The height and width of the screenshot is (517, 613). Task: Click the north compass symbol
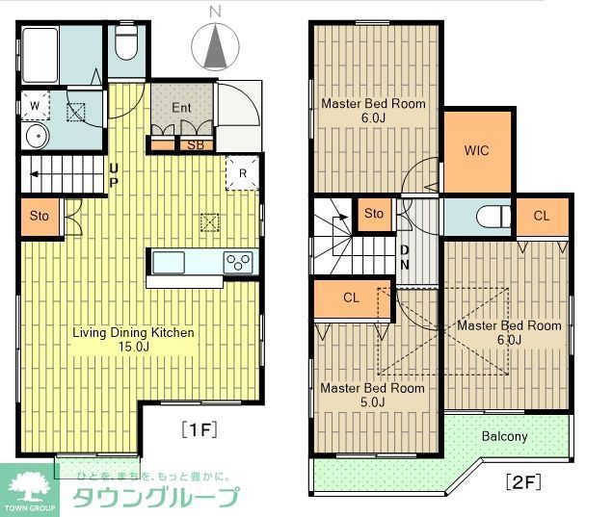tap(216, 43)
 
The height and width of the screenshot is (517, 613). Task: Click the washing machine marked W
tap(35, 103)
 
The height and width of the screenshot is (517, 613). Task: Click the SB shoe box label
tap(195, 145)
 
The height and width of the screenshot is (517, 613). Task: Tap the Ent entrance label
tap(182, 107)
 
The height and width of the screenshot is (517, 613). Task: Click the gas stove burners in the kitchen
tap(238, 262)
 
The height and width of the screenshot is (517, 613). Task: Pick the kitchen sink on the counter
tap(168, 262)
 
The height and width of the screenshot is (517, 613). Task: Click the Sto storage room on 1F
tap(40, 216)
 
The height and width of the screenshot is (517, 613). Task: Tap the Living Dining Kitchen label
tap(134, 333)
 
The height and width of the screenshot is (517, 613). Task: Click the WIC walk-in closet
tap(476, 151)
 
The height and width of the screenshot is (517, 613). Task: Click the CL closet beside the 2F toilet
tap(541, 217)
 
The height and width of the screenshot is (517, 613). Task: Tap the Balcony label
tap(505, 436)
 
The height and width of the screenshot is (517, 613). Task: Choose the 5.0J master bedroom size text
tap(372, 402)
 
